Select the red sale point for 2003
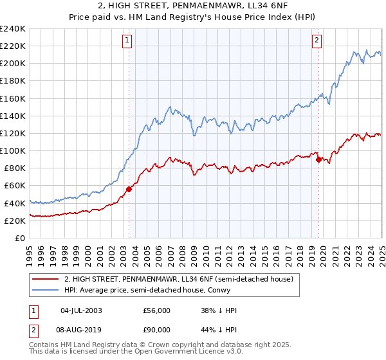click(129, 189)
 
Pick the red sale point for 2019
click(318, 160)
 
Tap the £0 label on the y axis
click(21, 238)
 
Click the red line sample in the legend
click(46, 279)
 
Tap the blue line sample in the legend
click(46, 290)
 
